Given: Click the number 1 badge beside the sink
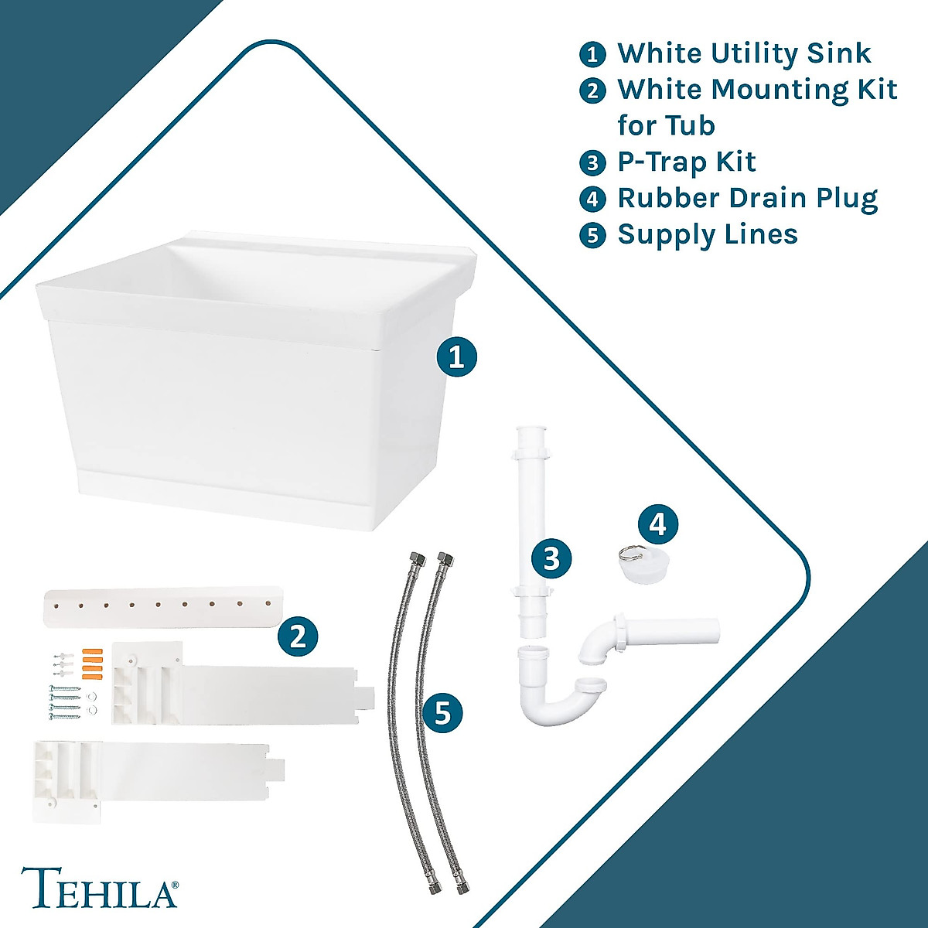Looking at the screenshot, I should (x=457, y=357).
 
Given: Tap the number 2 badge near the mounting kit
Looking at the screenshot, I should (x=298, y=636).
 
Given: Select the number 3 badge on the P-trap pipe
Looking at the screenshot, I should (x=551, y=558).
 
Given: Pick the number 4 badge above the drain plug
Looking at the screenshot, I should (x=657, y=524).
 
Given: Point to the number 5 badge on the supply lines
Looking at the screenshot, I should (x=442, y=712).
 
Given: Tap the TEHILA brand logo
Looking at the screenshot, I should (x=99, y=888).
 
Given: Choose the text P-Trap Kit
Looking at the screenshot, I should (x=686, y=162).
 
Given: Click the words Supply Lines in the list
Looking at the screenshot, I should (x=707, y=234).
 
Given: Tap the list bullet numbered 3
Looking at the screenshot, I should (x=592, y=162).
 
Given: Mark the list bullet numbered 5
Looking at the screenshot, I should (x=592, y=235).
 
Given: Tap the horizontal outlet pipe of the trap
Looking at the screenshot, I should (x=681, y=632).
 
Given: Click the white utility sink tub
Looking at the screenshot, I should (x=247, y=387).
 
